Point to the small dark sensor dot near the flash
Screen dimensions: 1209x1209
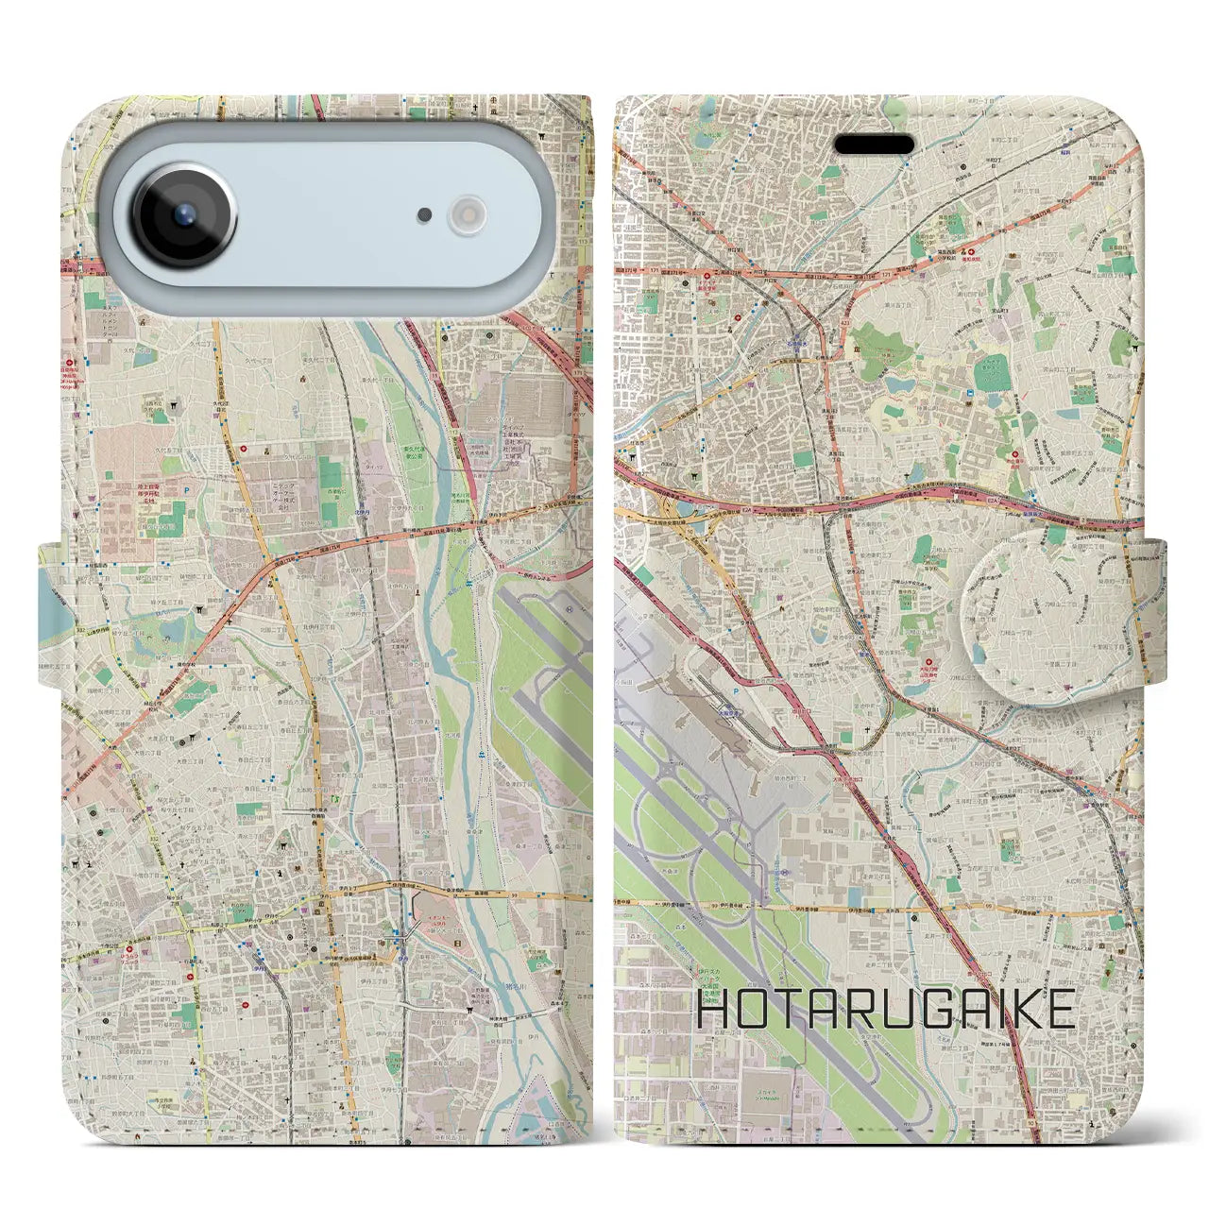click(x=425, y=215)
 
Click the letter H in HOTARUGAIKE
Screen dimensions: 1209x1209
click(x=713, y=1010)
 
